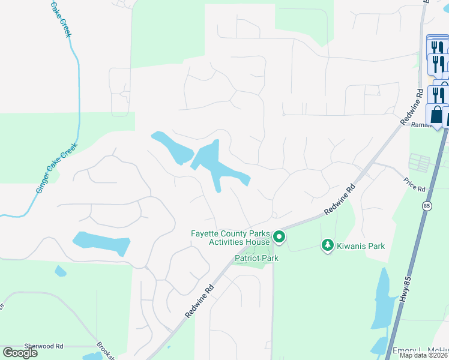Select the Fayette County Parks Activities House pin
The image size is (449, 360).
(x=279, y=238)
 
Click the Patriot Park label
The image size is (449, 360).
(x=256, y=258)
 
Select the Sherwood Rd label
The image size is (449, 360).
(x=44, y=346)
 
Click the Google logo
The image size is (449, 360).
(x=20, y=353)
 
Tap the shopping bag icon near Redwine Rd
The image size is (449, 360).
(x=436, y=114)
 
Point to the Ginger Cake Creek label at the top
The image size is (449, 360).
(x=61, y=18)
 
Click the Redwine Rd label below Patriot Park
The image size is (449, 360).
(x=200, y=301)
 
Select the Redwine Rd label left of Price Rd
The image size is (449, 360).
(x=340, y=200)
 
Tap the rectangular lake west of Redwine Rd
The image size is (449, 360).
(x=101, y=243)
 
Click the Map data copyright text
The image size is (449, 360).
(x=424, y=355)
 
